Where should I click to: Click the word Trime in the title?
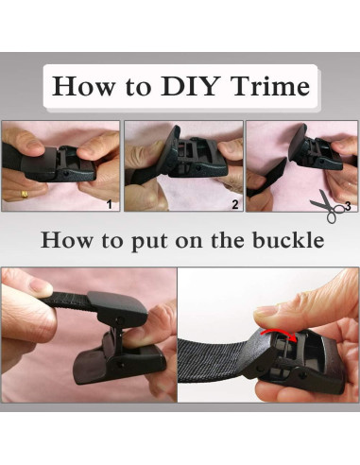[x=269, y=86]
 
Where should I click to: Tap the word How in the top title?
[x=84, y=86]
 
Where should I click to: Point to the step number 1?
[x=110, y=204]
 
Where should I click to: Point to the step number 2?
[x=235, y=204]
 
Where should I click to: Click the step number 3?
[x=348, y=206]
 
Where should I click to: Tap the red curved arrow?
[x=280, y=334]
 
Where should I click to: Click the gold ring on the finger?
[x=25, y=194]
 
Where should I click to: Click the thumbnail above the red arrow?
[x=264, y=312]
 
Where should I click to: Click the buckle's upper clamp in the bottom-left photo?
[x=117, y=308]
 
